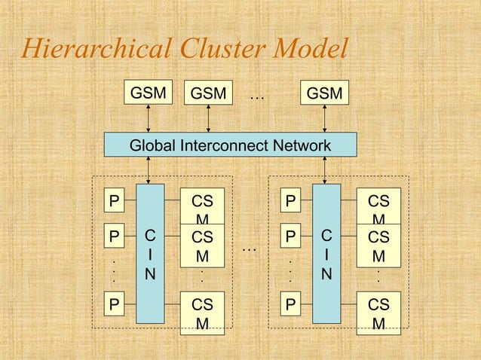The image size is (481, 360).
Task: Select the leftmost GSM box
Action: coord(149,93)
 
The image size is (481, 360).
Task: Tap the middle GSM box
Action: coord(209,93)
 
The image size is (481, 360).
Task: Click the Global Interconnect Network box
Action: coord(230,145)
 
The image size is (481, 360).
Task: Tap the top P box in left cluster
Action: coord(114,201)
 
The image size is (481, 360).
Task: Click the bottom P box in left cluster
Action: coord(114,304)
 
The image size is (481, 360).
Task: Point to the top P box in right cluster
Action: coord(290,201)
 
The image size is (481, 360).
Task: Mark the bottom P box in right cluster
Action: coord(290,304)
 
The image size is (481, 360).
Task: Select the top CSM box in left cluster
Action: coord(202,205)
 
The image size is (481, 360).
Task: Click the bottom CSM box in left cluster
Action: coord(202,312)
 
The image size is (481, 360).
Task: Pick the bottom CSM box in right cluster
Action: coord(378,312)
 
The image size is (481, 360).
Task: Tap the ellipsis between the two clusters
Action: coord(250,246)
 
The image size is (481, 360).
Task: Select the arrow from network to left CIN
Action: coord(150,171)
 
